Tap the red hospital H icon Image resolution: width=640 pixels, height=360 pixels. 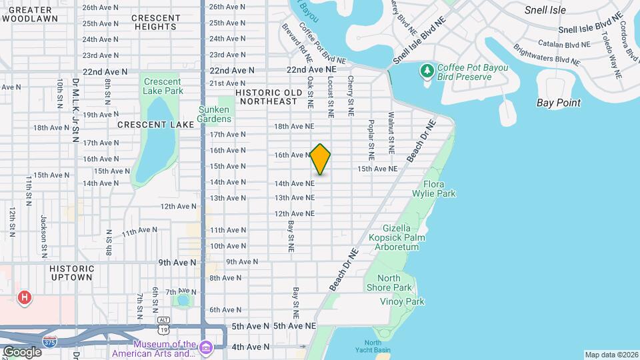[25, 297]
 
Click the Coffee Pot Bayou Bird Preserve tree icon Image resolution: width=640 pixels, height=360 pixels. [427, 71]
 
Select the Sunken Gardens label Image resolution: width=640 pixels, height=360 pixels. [214, 114]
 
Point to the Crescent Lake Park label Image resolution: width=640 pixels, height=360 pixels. [163, 86]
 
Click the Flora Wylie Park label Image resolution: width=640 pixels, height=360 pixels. [439, 189]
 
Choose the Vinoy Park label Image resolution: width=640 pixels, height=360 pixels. [402, 301]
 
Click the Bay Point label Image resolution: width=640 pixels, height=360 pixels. [558, 103]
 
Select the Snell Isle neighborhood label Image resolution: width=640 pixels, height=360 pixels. [545, 10]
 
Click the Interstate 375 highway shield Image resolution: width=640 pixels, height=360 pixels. [49, 342]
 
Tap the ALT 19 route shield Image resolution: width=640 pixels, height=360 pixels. [164, 327]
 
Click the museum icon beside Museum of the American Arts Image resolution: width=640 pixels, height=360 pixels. [205, 348]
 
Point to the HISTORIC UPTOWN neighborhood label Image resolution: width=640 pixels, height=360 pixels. [71, 273]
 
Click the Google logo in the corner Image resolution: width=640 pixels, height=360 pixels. [22, 351]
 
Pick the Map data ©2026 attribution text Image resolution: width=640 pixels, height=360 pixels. [611, 355]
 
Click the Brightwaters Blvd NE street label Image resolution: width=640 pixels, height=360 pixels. [546, 54]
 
